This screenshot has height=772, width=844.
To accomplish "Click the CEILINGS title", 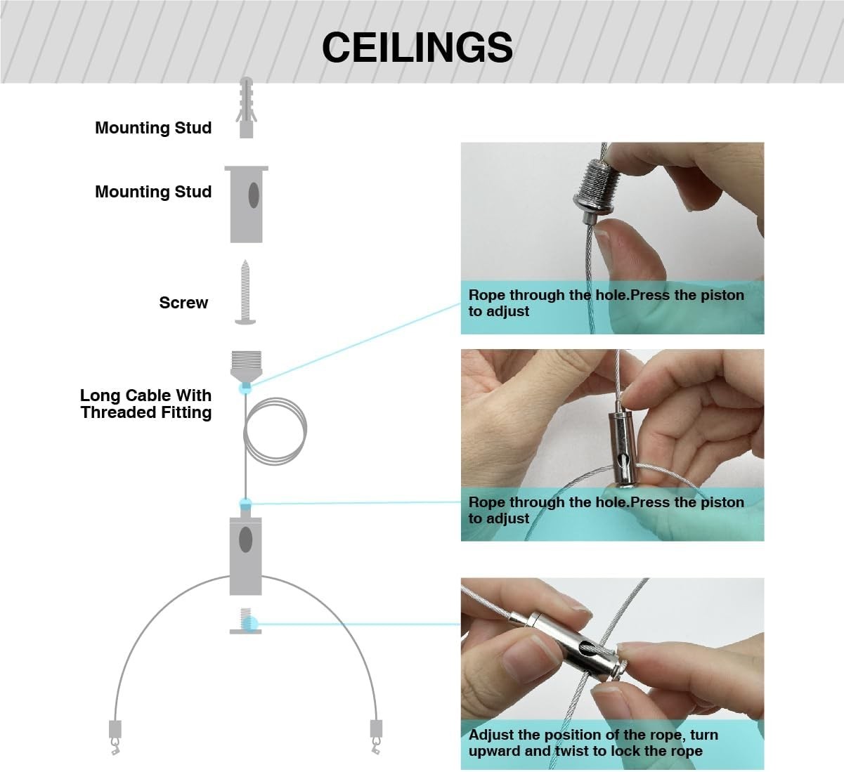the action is pos(417,47).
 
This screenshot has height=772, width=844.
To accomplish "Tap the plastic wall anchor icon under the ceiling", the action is pos(246,107).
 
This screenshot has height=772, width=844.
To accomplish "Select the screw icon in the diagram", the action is pos(245,292).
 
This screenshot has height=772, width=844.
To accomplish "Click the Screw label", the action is pos(183,303).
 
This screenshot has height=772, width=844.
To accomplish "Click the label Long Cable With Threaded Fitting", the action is pos(146,403).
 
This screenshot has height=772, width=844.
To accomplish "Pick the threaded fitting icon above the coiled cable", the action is pos(247,366).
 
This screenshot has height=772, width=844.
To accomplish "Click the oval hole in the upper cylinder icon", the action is pos(254,195).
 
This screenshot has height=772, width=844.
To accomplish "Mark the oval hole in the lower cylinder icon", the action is pos(246,539).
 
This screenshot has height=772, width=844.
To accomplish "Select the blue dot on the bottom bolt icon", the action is pos(251,623).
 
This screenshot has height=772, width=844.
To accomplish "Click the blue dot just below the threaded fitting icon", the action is pos(245,388).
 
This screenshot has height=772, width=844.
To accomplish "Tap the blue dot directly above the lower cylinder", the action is pos(245,504).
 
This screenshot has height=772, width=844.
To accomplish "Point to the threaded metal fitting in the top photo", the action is pos(595,190).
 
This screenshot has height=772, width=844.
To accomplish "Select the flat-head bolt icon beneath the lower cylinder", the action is pos(246,621).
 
